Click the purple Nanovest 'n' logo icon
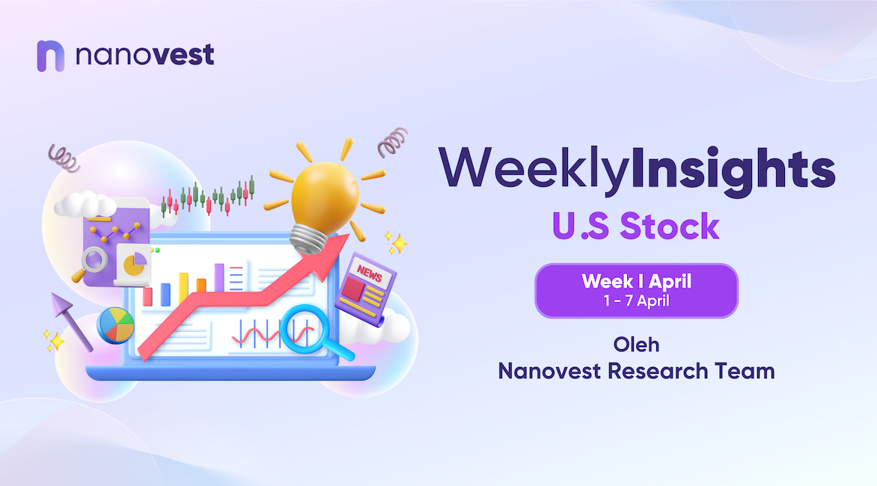[x=50, y=56]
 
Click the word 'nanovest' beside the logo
[x=145, y=55]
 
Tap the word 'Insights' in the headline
[x=733, y=170]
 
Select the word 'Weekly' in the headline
[x=535, y=170]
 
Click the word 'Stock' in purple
[x=670, y=227]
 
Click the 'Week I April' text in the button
[x=637, y=281]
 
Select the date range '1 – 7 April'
[x=637, y=301]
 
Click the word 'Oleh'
[x=637, y=345]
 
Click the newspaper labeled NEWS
[x=366, y=288]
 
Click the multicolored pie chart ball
[x=115, y=325]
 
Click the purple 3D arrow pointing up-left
[x=70, y=322]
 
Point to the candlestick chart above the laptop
[x=208, y=197]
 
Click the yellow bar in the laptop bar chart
[x=183, y=289]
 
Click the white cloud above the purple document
[x=84, y=204]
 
